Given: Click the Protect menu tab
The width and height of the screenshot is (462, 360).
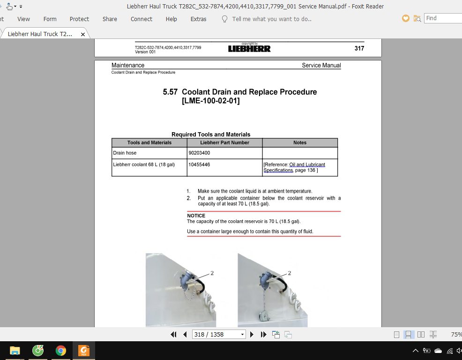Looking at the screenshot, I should click(79, 19).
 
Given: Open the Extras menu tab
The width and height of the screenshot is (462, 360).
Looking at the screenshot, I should click(198, 19).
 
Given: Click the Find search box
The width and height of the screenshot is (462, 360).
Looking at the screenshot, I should click(443, 18).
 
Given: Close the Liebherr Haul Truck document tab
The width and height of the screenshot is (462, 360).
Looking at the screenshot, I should click(83, 34).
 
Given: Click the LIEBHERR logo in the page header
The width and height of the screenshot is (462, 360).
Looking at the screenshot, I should click(249, 48).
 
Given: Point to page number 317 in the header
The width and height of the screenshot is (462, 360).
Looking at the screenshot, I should click(359, 48).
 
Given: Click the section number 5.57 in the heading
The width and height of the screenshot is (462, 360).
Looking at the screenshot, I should click(170, 92).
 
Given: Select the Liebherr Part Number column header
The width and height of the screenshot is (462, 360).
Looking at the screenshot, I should click(224, 142).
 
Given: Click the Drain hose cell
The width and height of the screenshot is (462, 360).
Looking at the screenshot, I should click(125, 153).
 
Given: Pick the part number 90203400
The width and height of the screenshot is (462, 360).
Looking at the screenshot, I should click(199, 153).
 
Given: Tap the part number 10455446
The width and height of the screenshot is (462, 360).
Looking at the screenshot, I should click(199, 165).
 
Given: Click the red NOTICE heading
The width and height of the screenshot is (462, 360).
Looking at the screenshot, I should click(196, 216).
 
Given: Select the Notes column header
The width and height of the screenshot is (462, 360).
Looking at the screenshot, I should click(300, 142).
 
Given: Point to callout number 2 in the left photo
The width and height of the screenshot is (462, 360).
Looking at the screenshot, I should click(212, 273).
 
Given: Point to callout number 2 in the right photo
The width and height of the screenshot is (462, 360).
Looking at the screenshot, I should click(289, 273).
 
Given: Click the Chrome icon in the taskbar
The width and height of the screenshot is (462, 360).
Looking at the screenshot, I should click(60, 350).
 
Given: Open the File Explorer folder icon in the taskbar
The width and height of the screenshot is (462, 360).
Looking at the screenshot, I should click(15, 350).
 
